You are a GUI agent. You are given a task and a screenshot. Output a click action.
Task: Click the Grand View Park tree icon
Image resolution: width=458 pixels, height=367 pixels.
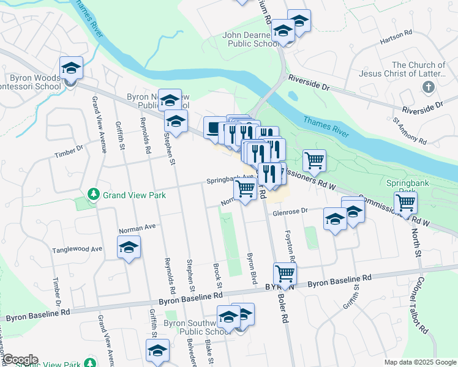(x=93, y=195)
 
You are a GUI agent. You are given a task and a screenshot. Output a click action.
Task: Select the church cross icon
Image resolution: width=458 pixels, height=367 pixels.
(x=428, y=87)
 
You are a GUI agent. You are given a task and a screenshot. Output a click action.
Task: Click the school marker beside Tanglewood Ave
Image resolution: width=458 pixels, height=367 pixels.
(x=129, y=247)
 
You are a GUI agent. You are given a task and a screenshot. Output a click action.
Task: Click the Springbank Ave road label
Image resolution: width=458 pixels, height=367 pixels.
(x=230, y=179)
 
